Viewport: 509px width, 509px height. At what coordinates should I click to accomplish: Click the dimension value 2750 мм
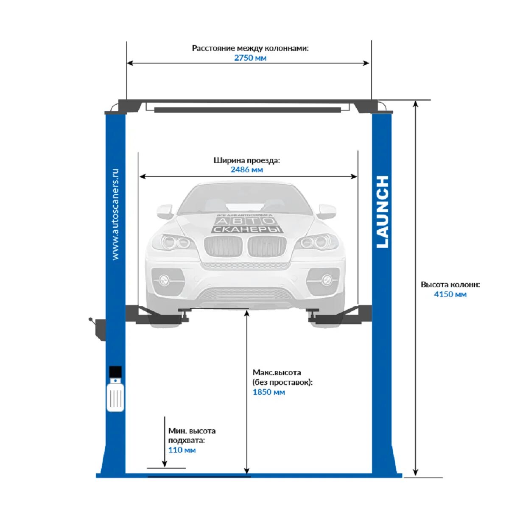click(250, 58)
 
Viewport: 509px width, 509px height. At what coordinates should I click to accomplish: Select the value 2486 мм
click(246, 170)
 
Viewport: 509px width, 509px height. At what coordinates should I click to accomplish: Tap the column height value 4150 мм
click(450, 294)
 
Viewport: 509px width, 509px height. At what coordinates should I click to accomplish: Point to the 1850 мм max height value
click(269, 392)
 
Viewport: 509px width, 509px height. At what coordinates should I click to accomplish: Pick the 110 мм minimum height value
click(182, 450)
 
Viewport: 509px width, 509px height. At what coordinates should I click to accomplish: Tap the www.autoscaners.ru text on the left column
click(115, 215)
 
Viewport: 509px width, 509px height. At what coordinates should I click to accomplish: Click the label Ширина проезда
click(246, 160)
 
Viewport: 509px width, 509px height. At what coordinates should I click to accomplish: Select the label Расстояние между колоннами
click(250, 48)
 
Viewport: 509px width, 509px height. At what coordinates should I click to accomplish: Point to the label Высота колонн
click(450, 285)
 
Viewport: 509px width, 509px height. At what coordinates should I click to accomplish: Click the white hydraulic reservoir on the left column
click(115, 395)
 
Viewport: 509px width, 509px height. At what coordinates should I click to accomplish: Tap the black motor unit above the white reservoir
click(115, 372)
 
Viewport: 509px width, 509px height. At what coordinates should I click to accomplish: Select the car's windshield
click(246, 200)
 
